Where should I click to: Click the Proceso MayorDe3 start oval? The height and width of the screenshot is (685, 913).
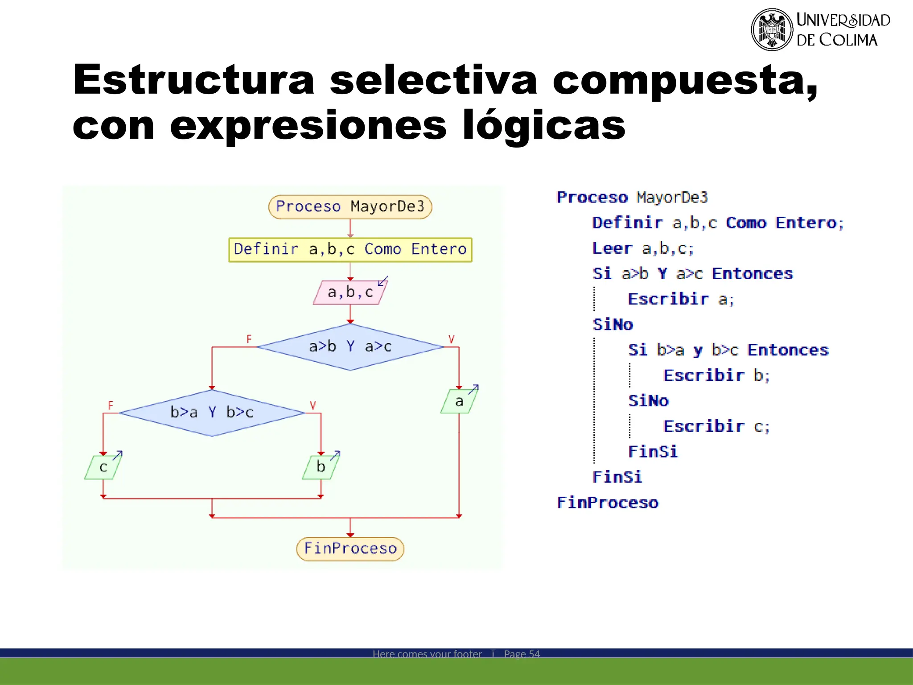[x=350, y=206]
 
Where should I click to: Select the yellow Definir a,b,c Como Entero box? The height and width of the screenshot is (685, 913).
[x=350, y=249]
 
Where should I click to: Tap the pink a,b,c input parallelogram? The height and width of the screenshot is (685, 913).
[x=350, y=293]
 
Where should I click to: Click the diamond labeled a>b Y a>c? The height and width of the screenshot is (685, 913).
[x=350, y=347]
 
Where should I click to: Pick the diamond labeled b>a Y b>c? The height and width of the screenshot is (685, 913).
[x=212, y=413]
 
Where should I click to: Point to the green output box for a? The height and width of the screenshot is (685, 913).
[x=459, y=401]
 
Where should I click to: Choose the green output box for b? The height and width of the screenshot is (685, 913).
[x=321, y=467]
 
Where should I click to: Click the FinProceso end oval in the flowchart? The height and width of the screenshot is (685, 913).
[x=350, y=549]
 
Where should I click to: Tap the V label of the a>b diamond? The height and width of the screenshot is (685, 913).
[x=451, y=339]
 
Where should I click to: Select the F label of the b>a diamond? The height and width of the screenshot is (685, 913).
[x=111, y=405]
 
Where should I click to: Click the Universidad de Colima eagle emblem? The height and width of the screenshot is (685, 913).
[x=772, y=29]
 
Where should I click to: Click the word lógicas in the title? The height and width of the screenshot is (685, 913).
[x=544, y=126]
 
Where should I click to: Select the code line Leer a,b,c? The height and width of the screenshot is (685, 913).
[x=642, y=248]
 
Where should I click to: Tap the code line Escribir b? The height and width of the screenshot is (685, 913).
[x=716, y=376]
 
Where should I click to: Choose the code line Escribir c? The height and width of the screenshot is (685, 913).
[x=716, y=427]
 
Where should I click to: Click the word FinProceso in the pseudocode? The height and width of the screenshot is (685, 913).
[x=607, y=503]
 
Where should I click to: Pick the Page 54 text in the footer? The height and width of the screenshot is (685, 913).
[x=522, y=654]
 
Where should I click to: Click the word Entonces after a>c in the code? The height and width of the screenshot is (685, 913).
[x=752, y=274]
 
